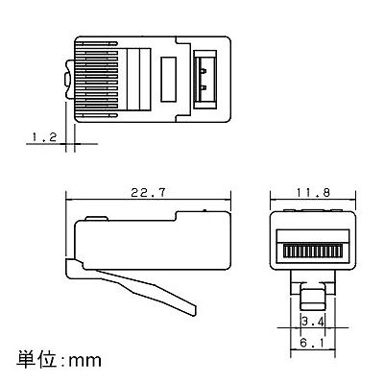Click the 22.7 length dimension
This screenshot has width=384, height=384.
click(x=148, y=193)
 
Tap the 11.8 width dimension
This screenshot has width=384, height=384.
click(x=313, y=193)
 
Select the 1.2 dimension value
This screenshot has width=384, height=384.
click(x=44, y=137)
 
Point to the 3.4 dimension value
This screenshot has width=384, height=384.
click(x=312, y=321)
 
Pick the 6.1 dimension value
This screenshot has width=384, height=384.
click(x=312, y=344)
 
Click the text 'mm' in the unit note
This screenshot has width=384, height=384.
click(x=85, y=361)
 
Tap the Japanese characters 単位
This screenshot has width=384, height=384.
click(x=37, y=359)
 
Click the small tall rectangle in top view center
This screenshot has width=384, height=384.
click(x=168, y=80)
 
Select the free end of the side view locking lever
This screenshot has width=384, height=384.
click(x=195, y=309)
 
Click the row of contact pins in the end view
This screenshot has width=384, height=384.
click(x=312, y=251)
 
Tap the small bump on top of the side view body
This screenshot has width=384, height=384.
click(x=97, y=219)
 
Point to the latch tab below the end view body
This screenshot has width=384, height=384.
click(x=312, y=299)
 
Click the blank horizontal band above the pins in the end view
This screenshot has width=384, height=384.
click(x=312, y=235)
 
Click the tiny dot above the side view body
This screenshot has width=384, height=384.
click(x=204, y=210)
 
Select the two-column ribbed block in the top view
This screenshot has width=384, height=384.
click(x=139, y=80)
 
